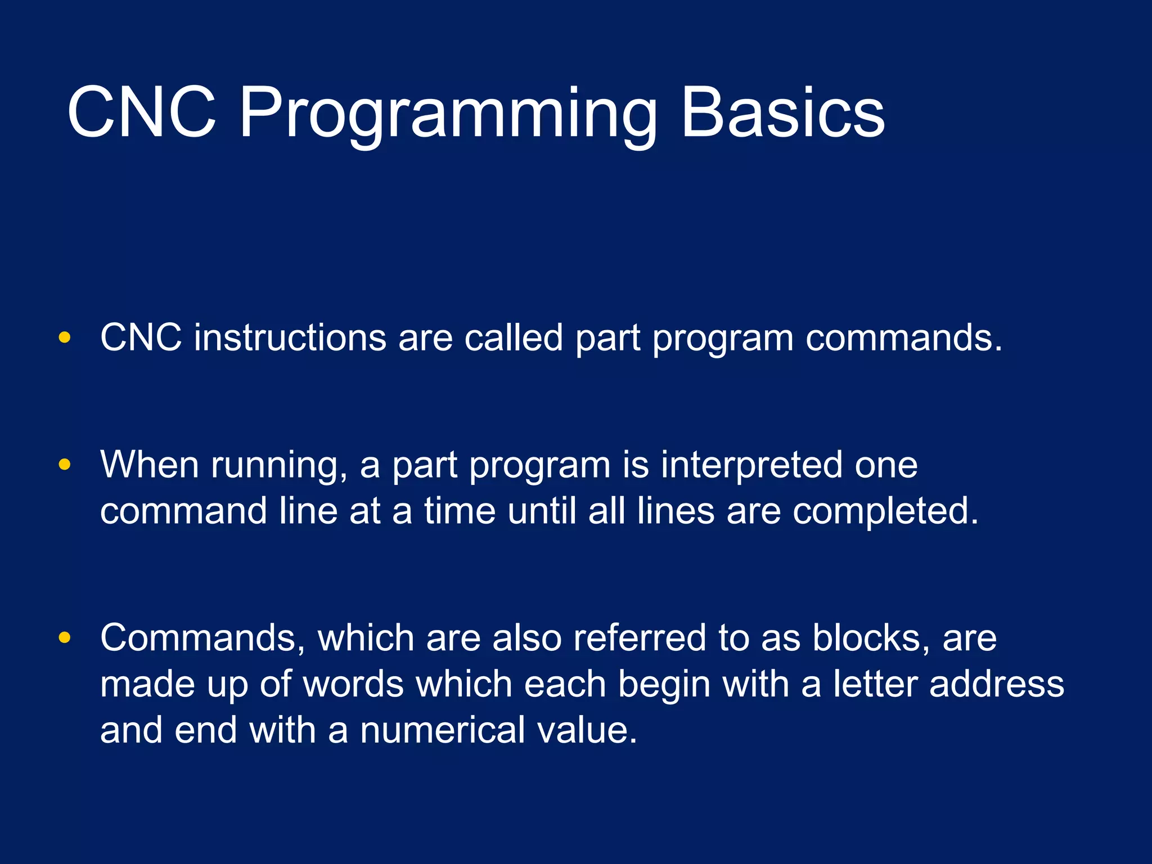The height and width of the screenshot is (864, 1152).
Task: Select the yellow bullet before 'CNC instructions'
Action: [65, 337]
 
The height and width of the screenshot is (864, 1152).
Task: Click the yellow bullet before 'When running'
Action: [65, 465]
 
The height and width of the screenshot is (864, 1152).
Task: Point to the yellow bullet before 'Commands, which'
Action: [65, 637]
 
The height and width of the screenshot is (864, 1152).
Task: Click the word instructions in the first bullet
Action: [290, 337]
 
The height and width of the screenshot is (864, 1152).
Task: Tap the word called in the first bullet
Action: [513, 337]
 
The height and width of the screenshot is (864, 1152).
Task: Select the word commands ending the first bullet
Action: [903, 337]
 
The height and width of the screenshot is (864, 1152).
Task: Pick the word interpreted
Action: [751, 466]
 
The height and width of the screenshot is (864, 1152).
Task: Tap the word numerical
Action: [442, 730]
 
